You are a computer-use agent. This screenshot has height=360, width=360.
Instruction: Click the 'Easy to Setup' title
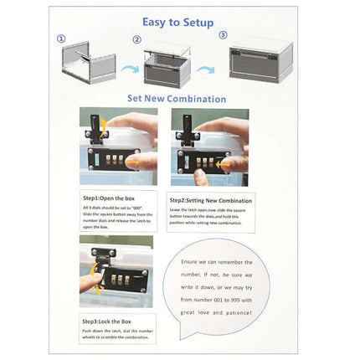(x=177, y=23)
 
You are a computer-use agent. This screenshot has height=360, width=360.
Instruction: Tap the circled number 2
(x=136, y=40)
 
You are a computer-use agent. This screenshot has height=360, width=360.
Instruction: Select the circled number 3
(x=222, y=35)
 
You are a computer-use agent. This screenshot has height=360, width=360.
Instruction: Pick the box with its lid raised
(x=172, y=66)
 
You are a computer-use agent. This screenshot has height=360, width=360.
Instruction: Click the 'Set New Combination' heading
(x=176, y=99)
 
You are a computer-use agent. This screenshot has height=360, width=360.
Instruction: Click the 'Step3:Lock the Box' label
(x=106, y=321)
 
